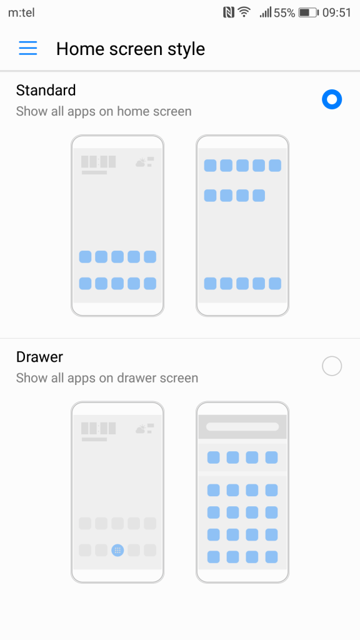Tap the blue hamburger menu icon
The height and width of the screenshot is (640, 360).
point(27,48)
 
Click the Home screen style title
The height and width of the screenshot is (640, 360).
point(131,49)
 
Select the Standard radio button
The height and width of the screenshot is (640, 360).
point(331,99)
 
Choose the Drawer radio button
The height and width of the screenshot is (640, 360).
point(331,366)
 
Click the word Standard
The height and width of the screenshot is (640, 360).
point(46,90)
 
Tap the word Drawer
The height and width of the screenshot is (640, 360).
point(39,357)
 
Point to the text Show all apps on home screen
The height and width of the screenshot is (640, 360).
point(104,111)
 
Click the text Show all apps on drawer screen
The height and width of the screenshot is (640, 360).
point(107,378)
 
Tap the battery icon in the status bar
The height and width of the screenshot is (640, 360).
point(309,12)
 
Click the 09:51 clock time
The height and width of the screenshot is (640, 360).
point(337,12)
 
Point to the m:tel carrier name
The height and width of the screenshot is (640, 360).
point(21,12)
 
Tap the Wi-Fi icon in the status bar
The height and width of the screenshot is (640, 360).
point(244,12)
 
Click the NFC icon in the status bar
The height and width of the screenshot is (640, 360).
point(229,12)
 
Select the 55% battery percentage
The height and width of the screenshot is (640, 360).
point(284,12)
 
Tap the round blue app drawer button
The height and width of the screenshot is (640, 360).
point(117,550)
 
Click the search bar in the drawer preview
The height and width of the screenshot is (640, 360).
point(242,426)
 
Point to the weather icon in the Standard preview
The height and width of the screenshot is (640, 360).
point(144,162)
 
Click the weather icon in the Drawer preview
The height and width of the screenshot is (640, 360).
point(144,429)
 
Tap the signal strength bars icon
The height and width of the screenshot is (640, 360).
point(265,12)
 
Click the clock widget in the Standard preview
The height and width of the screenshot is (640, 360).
point(98,164)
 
